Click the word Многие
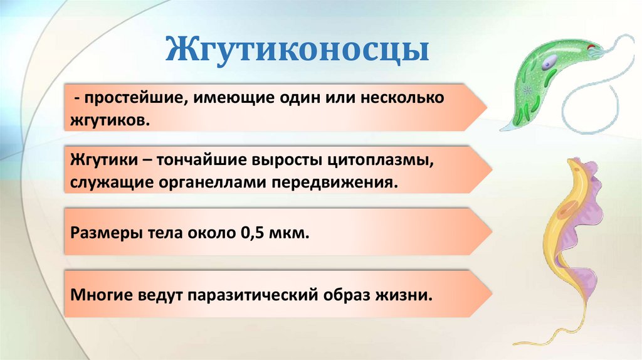point(100,294)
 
